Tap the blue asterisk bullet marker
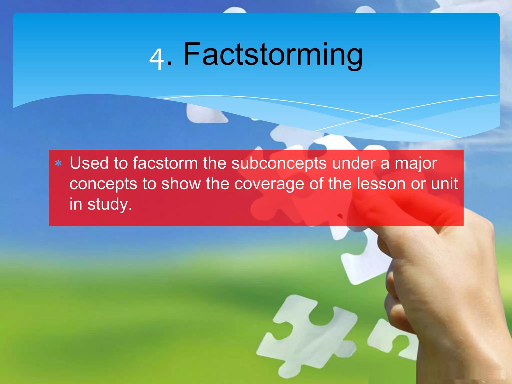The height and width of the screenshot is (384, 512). pyautogui.click(x=58, y=163)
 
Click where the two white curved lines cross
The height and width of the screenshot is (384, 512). pyautogui.click(x=374, y=116)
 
